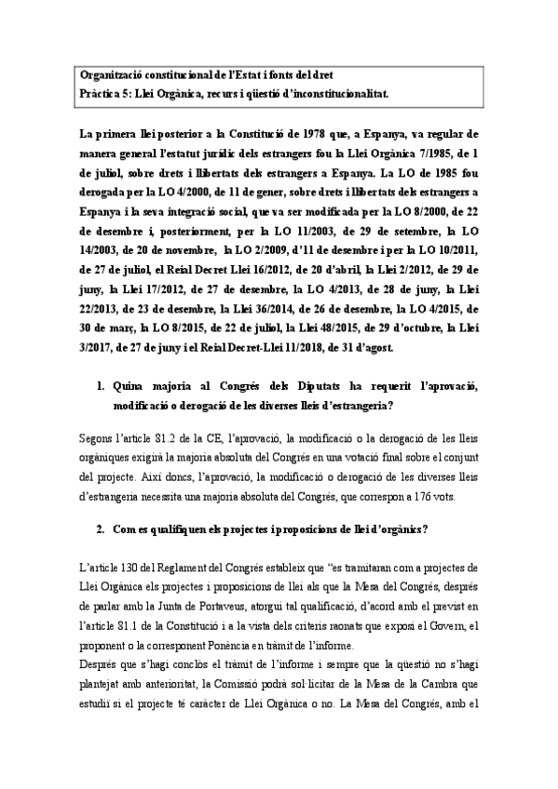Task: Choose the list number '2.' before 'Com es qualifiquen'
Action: coord(102,530)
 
